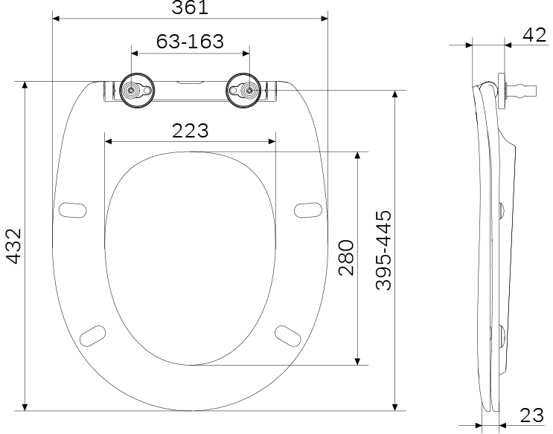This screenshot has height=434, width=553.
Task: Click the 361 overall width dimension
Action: coord(190,7)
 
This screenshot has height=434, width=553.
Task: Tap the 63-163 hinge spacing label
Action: coord(190,41)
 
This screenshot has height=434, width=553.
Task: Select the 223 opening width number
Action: coord(191,131)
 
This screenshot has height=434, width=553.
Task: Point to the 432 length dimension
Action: coord(14,246)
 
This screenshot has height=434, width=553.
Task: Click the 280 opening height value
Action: coord(346,258)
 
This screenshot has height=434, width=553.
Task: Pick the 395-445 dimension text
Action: coord(383,250)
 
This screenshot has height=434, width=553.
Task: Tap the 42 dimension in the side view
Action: coord(534,35)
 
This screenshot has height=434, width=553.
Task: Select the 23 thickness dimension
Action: coord(532,415)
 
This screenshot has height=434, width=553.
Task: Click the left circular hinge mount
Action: coord(137,91)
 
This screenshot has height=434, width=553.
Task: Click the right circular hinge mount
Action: coord(243,91)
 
